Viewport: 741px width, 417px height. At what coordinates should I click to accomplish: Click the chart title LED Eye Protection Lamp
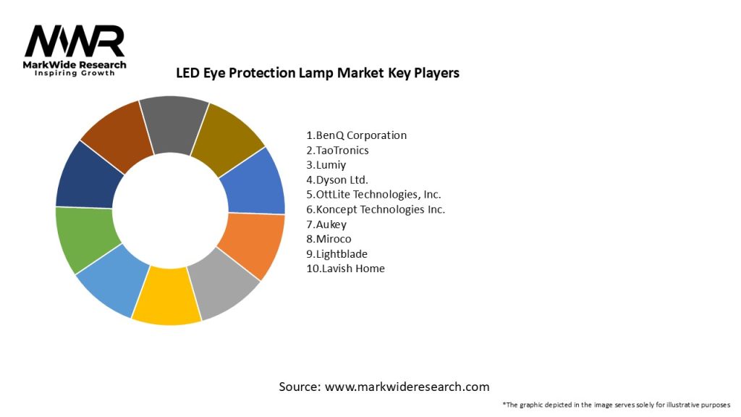click(x=318, y=73)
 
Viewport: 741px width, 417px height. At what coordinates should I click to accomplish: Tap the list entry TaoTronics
click(x=337, y=151)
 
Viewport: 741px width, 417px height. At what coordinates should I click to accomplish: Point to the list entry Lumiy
click(x=326, y=165)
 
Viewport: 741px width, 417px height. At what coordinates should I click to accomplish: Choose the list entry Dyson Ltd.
click(x=337, y=180)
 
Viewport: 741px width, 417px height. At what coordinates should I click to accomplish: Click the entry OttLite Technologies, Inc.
click(x=373, y=195)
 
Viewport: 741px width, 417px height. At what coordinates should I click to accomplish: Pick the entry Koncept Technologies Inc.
click(x=376, y=210)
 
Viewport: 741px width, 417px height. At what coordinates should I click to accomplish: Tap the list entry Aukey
click(x=326, y=224)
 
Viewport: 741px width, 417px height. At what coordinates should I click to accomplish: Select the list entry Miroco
click(x=329, y=239)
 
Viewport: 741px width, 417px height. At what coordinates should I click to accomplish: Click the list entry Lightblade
click(x=337, y=254)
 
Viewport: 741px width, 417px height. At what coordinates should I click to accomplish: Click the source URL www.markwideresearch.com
click(x=407, y=387)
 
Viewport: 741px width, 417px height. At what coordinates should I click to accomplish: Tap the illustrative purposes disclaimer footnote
click(x=617, y=405)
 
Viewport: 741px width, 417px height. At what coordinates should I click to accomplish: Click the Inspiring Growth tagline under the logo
click(x=75, y=74)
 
